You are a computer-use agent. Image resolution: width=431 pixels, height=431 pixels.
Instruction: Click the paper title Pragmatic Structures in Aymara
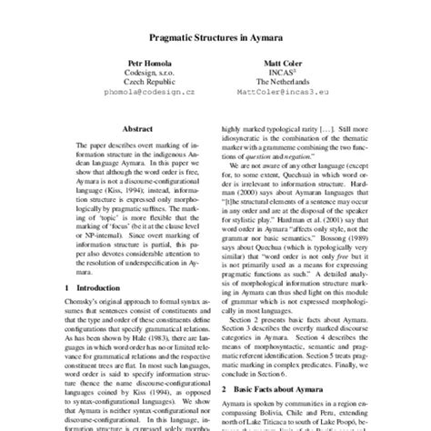(x=215, y=41)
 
